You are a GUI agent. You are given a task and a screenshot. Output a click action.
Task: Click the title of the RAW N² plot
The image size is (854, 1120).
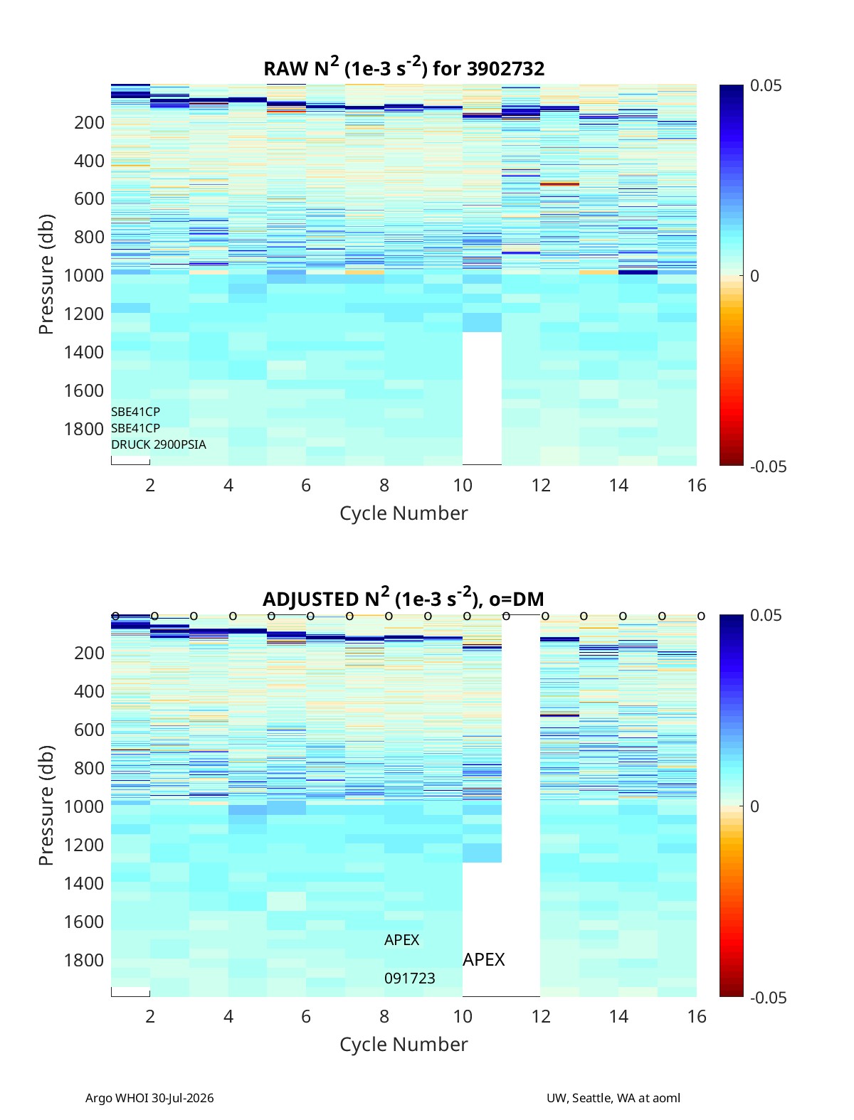404,67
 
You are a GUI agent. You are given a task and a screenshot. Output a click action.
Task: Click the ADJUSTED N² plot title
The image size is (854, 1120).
404,597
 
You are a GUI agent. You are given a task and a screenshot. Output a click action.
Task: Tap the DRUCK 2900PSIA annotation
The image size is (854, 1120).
159,444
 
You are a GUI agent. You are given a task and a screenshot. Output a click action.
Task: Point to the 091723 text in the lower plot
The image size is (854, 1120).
409,978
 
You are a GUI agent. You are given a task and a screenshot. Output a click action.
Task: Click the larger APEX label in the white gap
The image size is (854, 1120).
483,960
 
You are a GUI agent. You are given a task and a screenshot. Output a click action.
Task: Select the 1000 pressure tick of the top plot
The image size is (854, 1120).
84,275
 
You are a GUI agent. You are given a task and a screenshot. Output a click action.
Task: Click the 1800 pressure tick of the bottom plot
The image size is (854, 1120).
84,960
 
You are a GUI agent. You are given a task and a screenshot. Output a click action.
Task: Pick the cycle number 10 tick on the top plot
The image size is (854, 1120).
463,485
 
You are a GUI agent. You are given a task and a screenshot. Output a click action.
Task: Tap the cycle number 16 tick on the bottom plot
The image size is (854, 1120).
696,1016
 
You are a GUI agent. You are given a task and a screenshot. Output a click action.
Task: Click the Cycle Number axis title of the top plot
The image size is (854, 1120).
404,513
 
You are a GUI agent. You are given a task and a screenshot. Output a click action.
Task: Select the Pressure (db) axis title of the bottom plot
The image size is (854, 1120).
46,805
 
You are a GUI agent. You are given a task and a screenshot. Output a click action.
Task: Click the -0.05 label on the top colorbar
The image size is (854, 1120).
768,466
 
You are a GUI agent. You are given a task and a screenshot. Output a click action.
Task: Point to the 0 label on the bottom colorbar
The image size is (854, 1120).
754,806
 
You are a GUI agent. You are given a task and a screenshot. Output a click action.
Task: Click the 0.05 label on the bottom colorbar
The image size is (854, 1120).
766,615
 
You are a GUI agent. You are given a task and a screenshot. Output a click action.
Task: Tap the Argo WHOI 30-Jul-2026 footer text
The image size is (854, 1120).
149,1098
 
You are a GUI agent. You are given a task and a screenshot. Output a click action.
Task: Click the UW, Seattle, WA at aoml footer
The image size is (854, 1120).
613,1098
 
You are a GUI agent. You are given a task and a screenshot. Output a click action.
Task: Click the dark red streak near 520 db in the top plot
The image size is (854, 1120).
559,183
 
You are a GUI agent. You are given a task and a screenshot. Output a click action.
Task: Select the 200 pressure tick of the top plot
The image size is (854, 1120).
89,122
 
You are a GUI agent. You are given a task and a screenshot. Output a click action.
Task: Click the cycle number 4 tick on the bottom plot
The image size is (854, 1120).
228,1016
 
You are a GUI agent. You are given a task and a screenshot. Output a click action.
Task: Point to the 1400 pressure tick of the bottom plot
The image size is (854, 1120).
84,883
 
